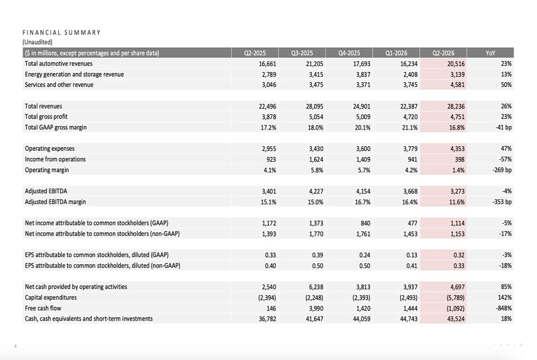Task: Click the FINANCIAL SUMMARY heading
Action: pos(62,33)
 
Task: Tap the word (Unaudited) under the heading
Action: pos(38,42)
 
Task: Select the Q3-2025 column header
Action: pos(302,53)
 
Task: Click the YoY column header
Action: pos(490,53)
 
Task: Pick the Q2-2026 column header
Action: pos(443,53)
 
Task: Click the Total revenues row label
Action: pos(43,106)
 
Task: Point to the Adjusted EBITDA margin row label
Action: pos(55,201)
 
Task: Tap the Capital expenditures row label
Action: pos(50,297)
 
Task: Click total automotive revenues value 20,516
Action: pos(456,64)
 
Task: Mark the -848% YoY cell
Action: pos(504,308)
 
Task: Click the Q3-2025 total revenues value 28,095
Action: pos(314,106)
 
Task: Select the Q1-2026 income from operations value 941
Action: pos(412,159)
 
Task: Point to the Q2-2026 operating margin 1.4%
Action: pos(458,170)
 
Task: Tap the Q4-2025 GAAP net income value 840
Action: pos(365,224)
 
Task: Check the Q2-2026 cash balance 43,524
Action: pos(456,319)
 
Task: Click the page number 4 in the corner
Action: pos(15,347)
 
